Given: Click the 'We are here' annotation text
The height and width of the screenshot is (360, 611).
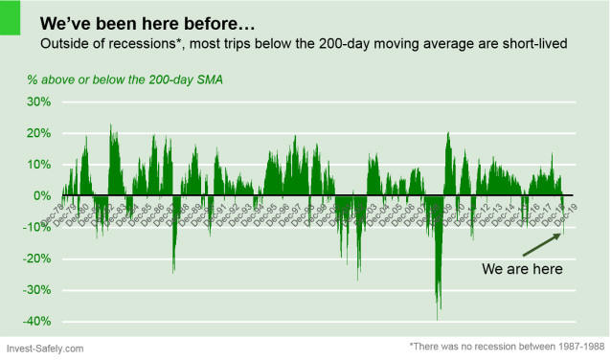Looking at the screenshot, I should [x=522, y=269].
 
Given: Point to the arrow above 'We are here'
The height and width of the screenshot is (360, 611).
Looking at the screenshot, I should [x=541, y=243].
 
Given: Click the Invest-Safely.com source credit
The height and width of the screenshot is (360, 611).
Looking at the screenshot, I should [x=44, y=349].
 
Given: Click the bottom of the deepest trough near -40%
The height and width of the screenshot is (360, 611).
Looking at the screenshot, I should [x=439, y=319].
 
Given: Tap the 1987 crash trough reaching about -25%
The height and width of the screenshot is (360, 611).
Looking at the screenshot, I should [x=173, y=271].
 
